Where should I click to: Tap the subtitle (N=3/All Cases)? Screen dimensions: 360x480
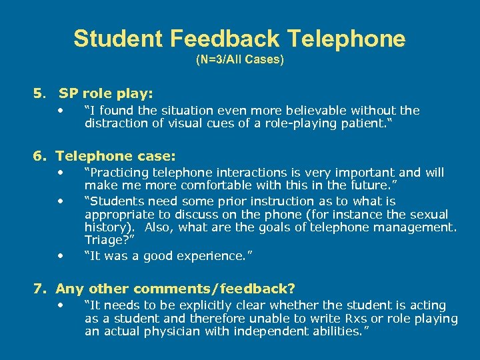click(x=240, y=60)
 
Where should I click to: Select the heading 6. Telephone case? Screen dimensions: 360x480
click(x=105, y=156)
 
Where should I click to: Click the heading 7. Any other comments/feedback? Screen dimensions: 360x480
click(x=164, y=289)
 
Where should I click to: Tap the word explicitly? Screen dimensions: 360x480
click(x=219, y=305)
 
